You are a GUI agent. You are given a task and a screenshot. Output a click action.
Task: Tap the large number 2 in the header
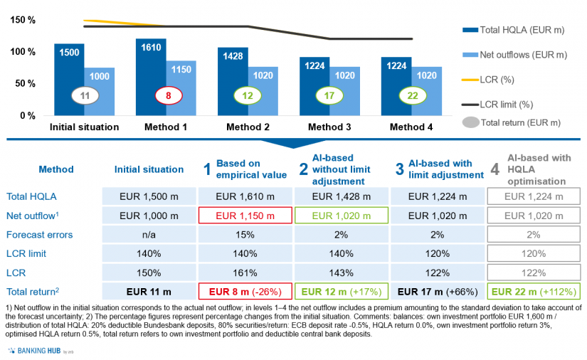[x=303, y=170]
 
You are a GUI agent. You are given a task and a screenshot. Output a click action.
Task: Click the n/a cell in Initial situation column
[x=148, y=233]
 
